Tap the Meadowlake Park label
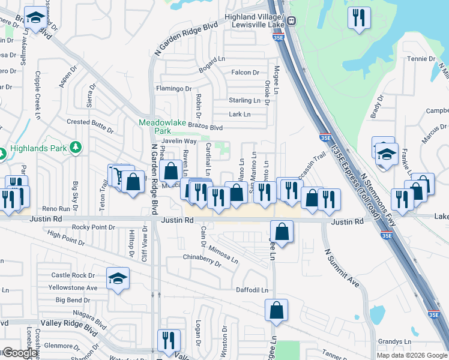click(159, 125)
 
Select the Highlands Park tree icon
click(76, 147)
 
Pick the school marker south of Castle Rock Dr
click(118, 279)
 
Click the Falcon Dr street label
click(245, 73)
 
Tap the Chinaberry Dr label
click(202, 259)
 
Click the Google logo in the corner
click(19, 353)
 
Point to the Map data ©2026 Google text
click(412, 355)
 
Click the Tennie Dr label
click(420, 59)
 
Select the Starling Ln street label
click(243, 100)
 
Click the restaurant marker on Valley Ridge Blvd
click(169, 340)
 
